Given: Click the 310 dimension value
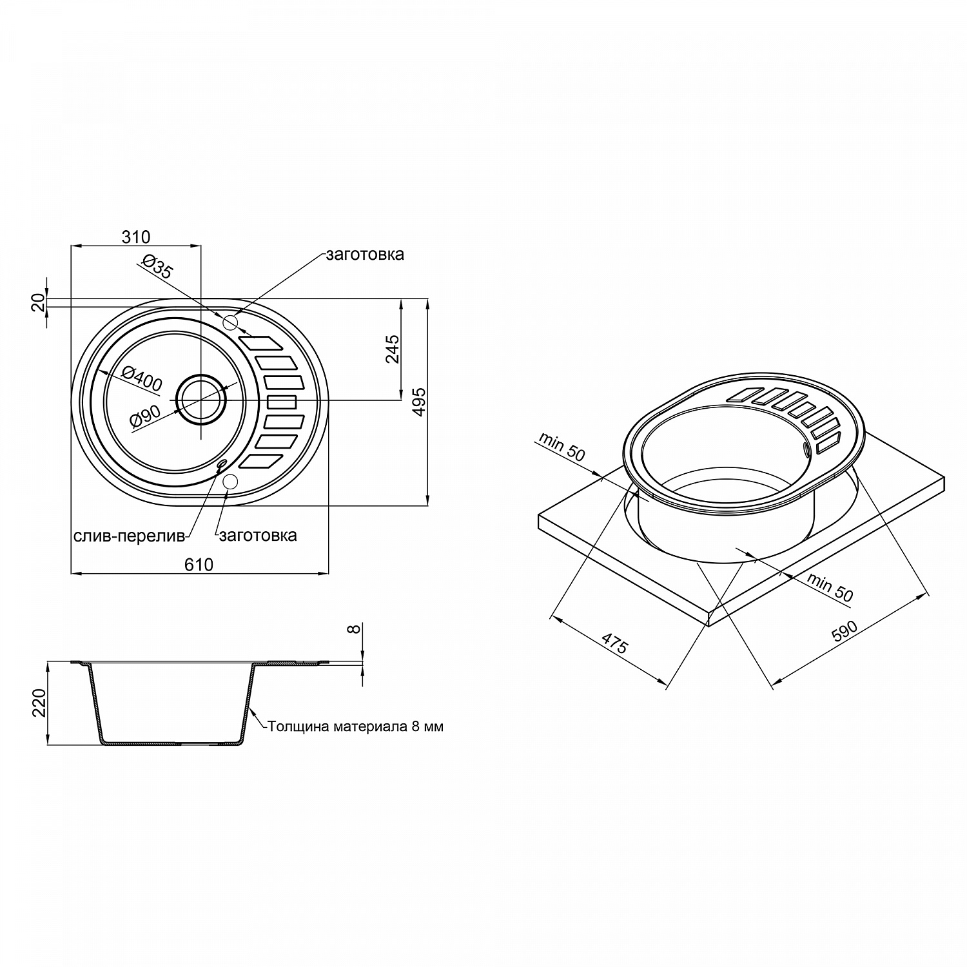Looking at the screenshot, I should tap(136, 237).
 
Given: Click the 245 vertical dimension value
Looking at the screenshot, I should tap(393, 349).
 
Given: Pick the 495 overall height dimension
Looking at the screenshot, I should tap(419, 402).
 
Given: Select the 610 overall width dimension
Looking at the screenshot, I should tap(199, 564).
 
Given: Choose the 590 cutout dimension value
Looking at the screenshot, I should tap(844, 631).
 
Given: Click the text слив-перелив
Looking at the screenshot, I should tap(129, 535).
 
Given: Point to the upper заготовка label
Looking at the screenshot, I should tap(365, 254).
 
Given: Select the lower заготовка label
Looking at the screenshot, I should tap(258, 535).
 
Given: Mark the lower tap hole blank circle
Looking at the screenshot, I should tap(230, 480).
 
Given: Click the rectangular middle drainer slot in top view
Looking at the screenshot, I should tap(282, 402).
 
